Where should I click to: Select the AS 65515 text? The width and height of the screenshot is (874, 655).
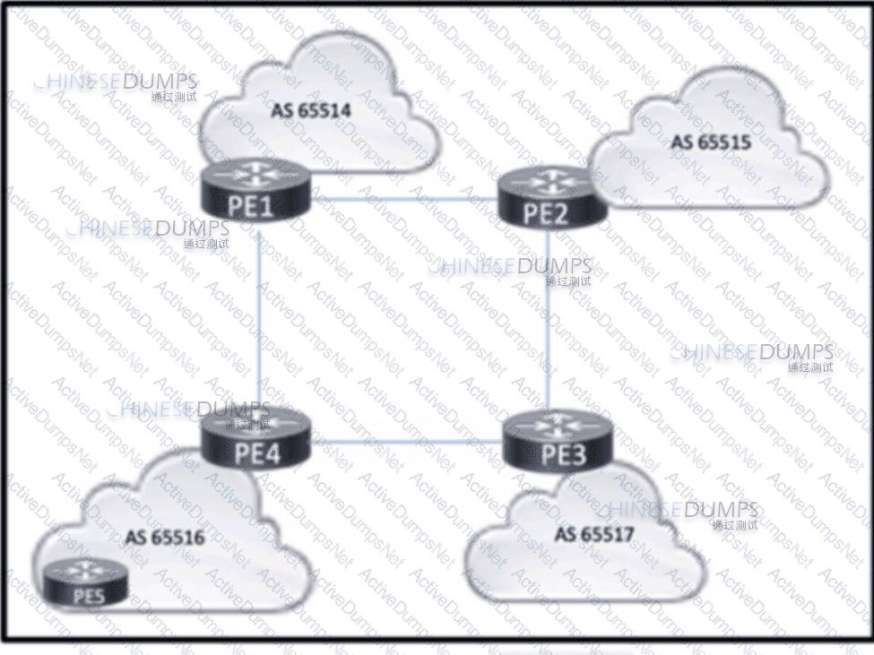pyautogui.click(x=711, y=142)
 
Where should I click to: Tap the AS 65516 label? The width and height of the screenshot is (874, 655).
pyautogui.click(x=166, y=538)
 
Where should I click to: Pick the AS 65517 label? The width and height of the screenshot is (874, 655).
pyautogui.click(x=594, y=534)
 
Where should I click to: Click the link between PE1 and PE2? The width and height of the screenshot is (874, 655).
pyautogui.click(x=403, y=198)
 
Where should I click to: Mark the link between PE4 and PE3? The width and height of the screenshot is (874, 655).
pyautogui.click(x=403, y=440)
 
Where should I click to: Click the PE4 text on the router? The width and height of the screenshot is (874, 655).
pyautogui.click(x=257, y=452)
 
